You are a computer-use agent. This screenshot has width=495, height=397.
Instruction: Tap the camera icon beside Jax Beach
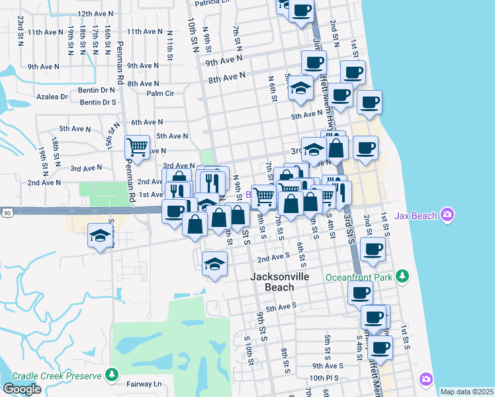click(448, 214)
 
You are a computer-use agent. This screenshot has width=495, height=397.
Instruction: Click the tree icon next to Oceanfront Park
click(401, 276)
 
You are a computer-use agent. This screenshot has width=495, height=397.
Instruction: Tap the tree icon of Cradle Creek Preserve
click(112, 376)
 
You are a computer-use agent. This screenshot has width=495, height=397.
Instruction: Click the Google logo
click(22, 389)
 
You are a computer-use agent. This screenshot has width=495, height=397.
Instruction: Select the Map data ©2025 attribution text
click(467, 392)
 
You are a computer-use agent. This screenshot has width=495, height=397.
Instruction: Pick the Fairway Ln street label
click(148, 384)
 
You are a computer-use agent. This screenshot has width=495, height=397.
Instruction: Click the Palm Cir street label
click(160, 93)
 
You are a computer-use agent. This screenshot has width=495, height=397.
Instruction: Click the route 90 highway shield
click(7, 212)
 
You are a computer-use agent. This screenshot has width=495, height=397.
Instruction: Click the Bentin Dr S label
click(98, 103)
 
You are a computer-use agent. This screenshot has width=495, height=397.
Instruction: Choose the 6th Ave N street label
click(147, 122)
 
